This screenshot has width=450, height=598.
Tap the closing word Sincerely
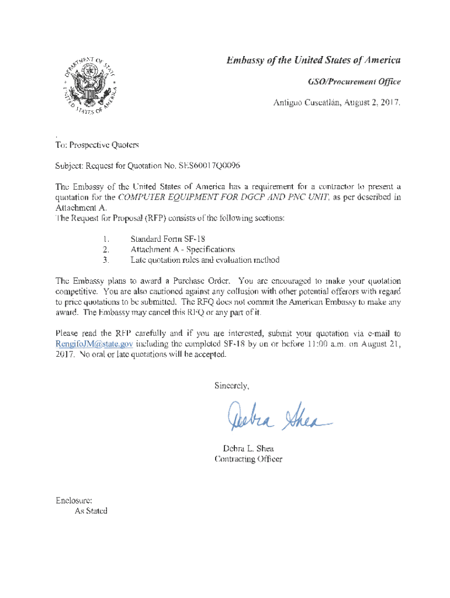(232, 386)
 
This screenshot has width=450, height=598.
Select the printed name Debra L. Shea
(248, 448)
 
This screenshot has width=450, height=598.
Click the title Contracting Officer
(248, 459)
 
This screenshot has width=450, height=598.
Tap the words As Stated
(91, 511)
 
